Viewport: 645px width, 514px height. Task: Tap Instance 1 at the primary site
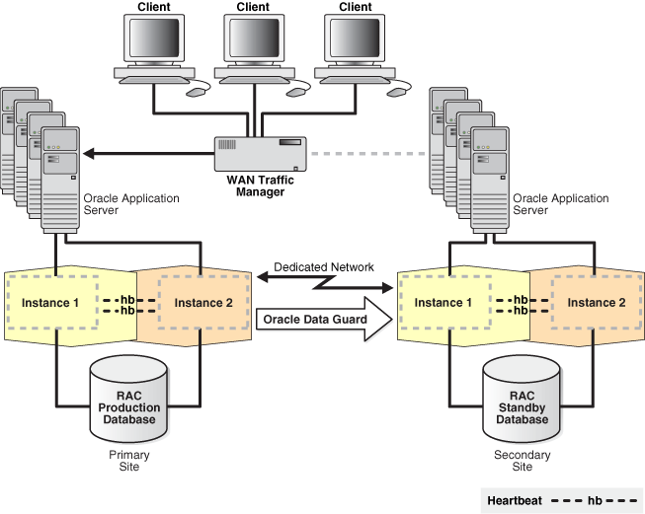50,302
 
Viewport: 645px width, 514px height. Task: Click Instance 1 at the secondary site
443,302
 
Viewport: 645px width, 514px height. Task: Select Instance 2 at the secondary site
595,302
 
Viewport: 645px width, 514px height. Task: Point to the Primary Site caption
129,461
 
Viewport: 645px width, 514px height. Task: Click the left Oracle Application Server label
131,204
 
